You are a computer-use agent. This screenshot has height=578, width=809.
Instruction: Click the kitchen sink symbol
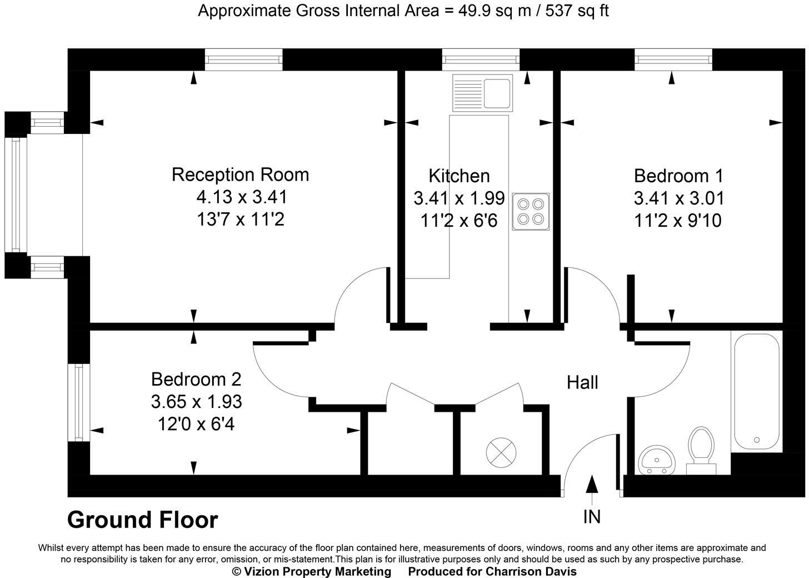coord(482,92)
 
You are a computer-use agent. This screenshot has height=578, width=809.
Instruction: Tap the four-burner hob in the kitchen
coord(531,211)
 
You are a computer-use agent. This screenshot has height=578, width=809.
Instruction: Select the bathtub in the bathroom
coord(756,391)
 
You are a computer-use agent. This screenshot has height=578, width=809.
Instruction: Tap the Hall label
coord(582,382)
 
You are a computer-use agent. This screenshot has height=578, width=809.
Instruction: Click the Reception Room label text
coord(240,175)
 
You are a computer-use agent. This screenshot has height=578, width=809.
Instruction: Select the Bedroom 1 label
coord(678,176)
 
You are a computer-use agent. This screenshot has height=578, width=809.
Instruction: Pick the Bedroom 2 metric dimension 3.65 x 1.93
coord(196,401)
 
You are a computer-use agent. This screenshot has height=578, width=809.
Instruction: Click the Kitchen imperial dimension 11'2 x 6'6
coord(459,221)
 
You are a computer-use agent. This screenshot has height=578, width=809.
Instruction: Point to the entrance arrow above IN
coord(592,485)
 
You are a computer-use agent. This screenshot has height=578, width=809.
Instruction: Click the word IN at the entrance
coord(592,517)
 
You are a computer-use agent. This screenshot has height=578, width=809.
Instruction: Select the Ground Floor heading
coord(143,520)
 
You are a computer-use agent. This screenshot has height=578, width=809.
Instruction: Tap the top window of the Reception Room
coord(243,59)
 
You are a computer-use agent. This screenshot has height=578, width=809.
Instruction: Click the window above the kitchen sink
coord(481,59)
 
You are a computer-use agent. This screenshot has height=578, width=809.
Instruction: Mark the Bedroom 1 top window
coord(673,59)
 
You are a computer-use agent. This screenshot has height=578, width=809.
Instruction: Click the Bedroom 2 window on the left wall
coord(78,402)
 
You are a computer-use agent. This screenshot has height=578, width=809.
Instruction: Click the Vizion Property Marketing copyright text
coord(311,571)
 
